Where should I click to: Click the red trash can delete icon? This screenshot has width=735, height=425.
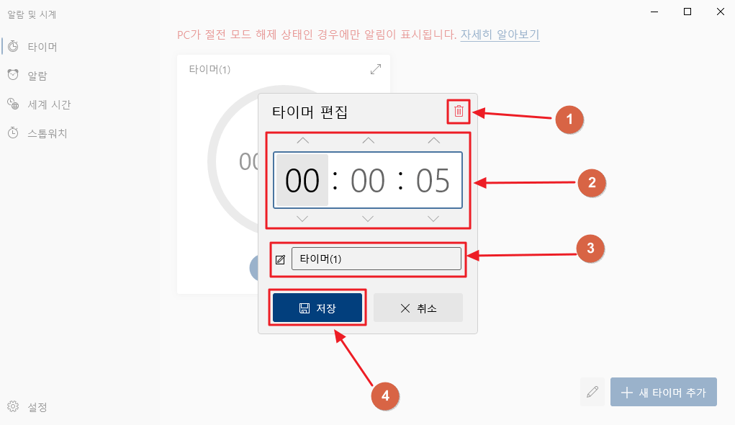click(459, 112)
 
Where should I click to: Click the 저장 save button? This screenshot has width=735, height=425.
click(317, 308)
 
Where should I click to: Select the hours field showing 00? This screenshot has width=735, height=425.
click(302, 180)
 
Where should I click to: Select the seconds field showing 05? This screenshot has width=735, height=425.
click(433, 180)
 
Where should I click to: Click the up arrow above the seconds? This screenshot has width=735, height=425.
click(433, 140)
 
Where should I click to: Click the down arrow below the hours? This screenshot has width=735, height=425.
click(302, 218)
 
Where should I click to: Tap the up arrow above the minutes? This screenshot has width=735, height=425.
click(368, 140)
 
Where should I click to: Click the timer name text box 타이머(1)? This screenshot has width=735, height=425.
click(376, 259)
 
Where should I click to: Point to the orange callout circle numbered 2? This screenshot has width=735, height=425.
click(592, 183)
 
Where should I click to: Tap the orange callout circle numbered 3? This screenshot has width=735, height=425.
click(590, 249)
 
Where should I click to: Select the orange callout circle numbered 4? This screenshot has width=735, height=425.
click(385, 395)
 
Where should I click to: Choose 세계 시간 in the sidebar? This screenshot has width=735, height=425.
click(49, 104)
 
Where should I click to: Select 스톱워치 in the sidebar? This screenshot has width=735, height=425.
click(47, 133)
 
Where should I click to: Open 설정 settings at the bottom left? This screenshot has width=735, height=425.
click(37, 407)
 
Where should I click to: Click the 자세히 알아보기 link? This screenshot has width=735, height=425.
click(500, 35)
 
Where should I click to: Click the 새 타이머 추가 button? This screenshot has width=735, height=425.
click(663, 393)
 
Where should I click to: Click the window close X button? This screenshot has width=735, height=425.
click(721, 12)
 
